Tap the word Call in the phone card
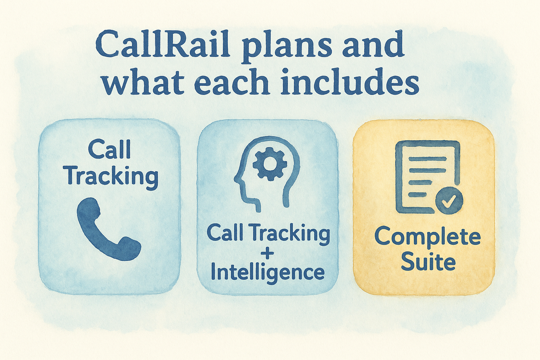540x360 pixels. coord(109,149)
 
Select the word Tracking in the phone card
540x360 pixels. coord(111,176)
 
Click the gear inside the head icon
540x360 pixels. coord(270,164)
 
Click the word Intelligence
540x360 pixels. coord(268,272)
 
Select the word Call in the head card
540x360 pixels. coord(225,233)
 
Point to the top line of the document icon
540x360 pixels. coord(427,159)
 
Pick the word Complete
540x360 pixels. coord(427,238)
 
